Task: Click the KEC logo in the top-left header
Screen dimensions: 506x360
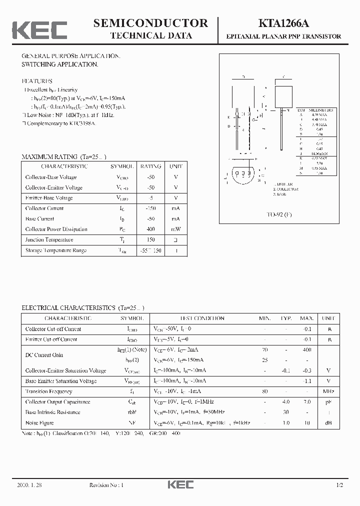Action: tap(39, 29)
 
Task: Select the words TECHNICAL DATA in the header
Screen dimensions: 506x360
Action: tap(150, 35)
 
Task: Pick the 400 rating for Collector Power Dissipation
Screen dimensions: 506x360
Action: tap(150, 229)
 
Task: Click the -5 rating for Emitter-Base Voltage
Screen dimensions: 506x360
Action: tap(150, 198)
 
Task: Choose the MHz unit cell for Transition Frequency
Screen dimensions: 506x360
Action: tap(328, 391)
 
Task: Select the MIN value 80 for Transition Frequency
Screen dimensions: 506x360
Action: tap(264, 391)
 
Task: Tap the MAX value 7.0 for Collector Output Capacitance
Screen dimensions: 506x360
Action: tap(306, 402)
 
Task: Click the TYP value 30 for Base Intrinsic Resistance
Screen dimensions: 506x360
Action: tap(286, 412)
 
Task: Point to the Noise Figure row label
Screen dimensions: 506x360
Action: tap(39, 423)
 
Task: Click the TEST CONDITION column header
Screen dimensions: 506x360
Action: tap(202, 318)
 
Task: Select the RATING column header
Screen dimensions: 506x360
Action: tap(150, 166)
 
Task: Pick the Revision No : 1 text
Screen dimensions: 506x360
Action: tap(106, 485)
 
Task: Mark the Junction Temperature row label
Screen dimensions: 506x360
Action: tap(49, 239)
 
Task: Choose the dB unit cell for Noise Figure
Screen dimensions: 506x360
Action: tap(328, 423)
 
